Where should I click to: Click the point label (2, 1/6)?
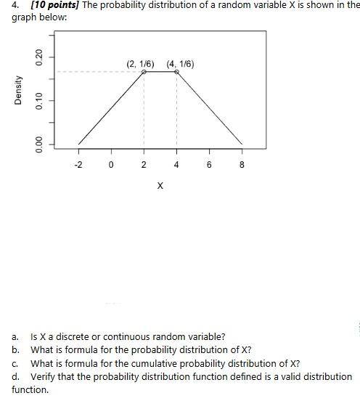click(140, 64)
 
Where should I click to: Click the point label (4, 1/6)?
click(180, 64)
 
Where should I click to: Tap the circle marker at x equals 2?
click(144, 72)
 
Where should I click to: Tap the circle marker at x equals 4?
click(176, 72)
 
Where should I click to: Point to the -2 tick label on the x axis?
click(78, 165)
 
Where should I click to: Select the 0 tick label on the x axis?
click(111, 165)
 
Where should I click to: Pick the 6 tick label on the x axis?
click(209, 165)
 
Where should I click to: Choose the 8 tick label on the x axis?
click(242, 165)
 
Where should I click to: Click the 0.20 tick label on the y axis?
click(41, 55)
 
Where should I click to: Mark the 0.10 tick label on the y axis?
click(41, 100)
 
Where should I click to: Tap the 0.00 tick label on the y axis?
click(41, 144)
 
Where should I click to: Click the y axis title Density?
click(17, 90)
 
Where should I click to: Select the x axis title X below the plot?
click(160, 187)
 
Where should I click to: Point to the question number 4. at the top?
click(16, 6)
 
